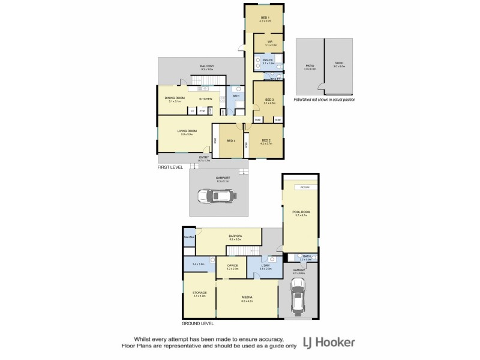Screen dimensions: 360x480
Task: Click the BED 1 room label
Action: click(265, 17)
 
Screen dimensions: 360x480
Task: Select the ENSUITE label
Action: click(268, 60)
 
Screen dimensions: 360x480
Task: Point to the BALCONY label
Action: click(207, 66)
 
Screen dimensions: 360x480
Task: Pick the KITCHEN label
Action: click(206, 98)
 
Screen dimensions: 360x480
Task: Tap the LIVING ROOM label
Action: click(187, 131)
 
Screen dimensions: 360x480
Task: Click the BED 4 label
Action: click(230, 141)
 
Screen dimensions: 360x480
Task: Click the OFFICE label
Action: click(233, 266)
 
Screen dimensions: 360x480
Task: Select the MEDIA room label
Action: click(246, 298)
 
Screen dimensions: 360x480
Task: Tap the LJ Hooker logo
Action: click(330, 343)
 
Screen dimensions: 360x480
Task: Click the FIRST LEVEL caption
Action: click(170, 167)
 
